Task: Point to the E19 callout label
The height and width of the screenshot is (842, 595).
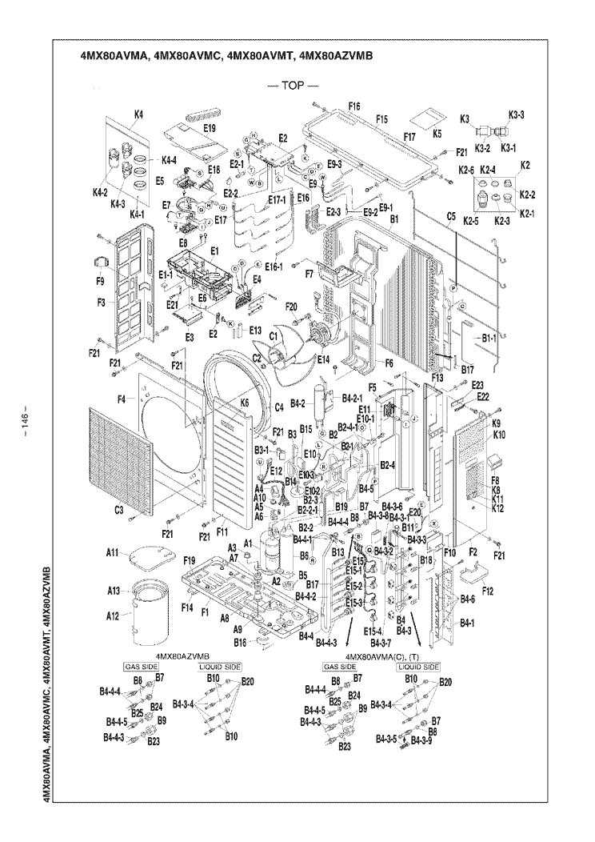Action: click(210, 127)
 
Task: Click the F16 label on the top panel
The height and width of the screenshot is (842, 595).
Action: click(355, 106)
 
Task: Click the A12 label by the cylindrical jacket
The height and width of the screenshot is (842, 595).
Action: click(113, 615)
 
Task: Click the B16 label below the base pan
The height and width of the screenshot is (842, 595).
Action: click(240, 643)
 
